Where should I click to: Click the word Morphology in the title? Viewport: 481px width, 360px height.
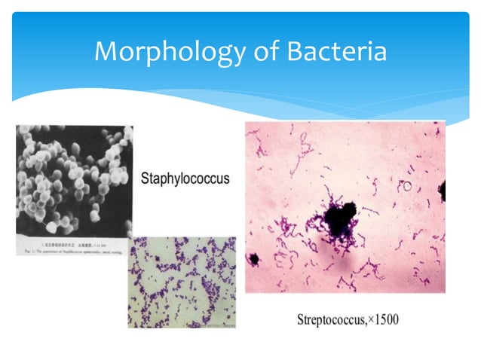[162, 53]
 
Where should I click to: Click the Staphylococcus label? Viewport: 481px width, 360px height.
[185, 181]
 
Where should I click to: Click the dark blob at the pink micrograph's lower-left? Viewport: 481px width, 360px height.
[254, 260]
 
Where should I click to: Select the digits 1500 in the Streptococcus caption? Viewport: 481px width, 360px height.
[388, 319]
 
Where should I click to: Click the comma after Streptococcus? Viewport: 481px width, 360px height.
[367, 322]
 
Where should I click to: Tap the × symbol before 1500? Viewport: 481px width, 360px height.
[372, 319]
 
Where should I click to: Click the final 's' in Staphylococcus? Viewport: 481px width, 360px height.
[226, 182]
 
